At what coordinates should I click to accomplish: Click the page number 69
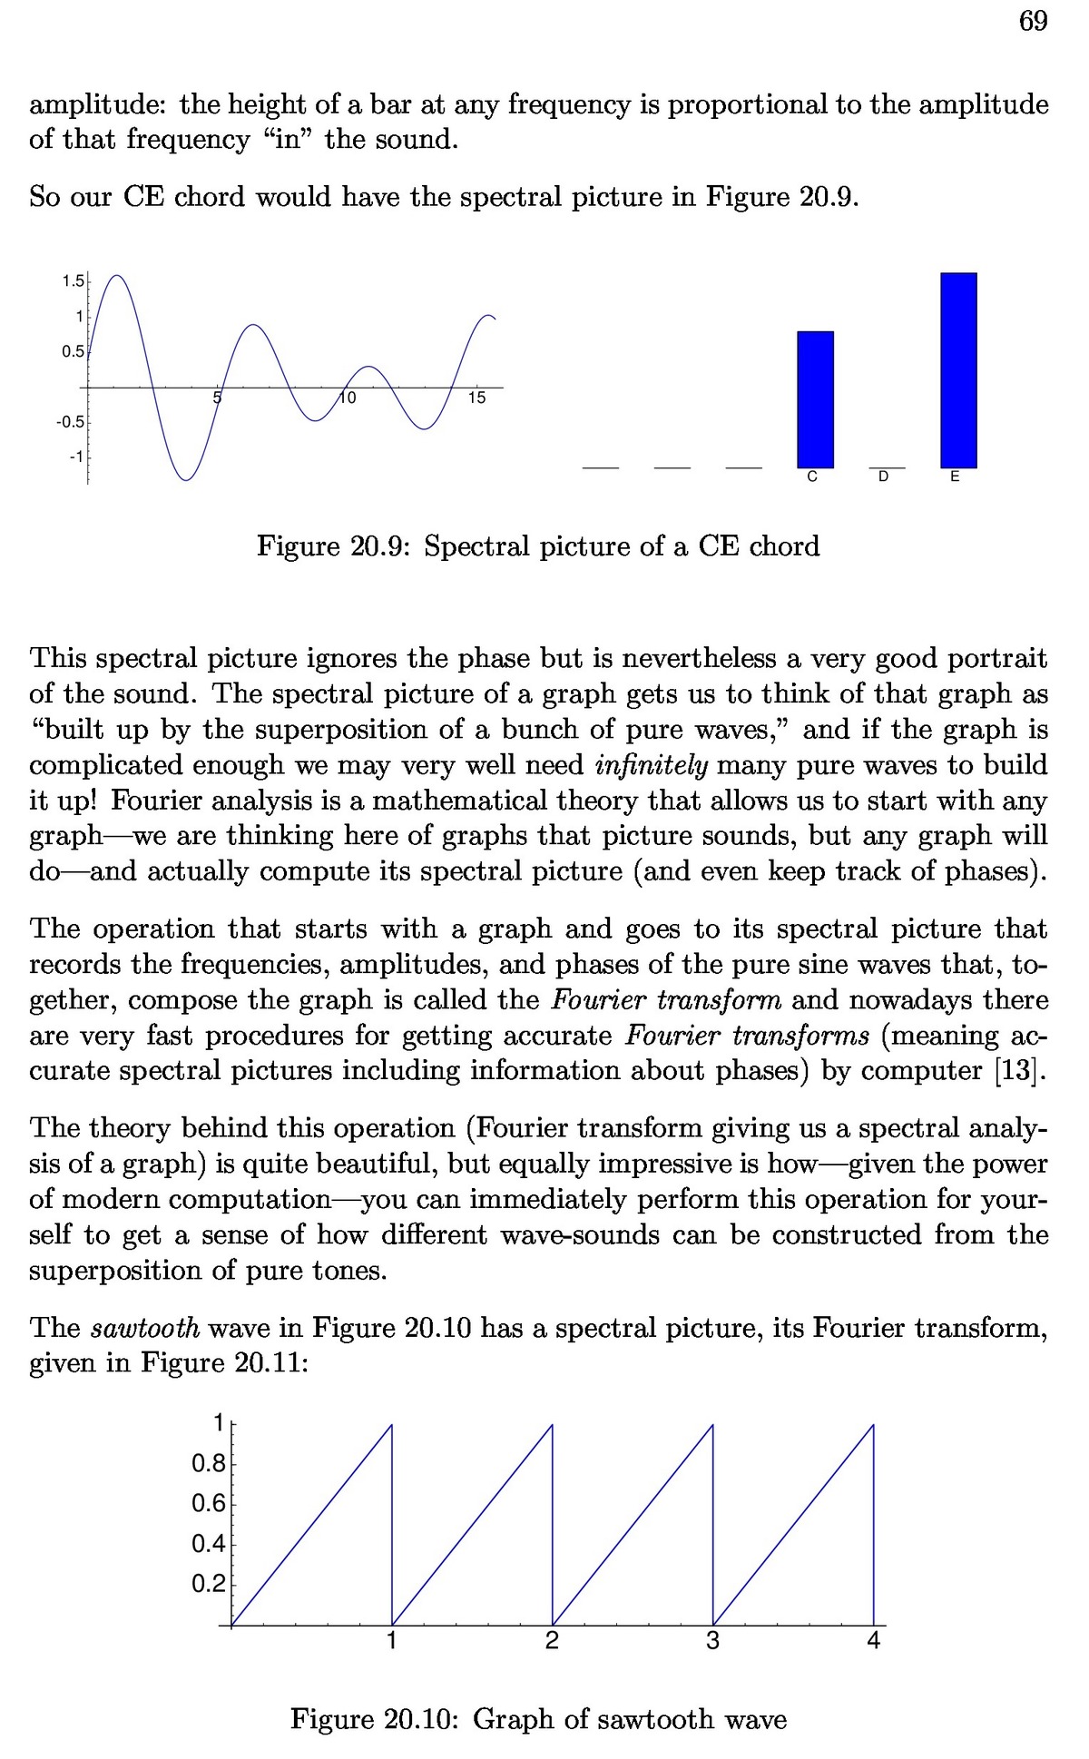click(1033, 21)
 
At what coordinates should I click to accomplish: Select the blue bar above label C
click(815, 399)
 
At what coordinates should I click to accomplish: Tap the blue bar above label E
click(958, 369)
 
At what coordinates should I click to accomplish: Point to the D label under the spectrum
click(884, 477)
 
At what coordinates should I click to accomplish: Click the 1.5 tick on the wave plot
click(72, 280)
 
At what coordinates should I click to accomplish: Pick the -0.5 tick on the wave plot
click(71, 422)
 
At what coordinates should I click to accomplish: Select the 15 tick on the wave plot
click(476, 398)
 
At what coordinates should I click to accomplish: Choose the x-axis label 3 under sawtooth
click(712, 1641)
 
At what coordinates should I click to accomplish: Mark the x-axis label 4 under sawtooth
click(873, 1641)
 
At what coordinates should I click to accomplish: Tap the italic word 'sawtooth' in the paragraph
click(145, 1328)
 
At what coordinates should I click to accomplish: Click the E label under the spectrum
click(955, 477)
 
